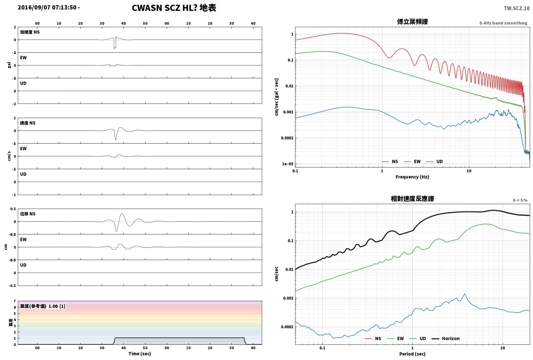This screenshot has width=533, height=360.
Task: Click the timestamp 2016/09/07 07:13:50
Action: click(47, 7)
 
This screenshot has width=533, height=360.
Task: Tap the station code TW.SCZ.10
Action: click(517, 8)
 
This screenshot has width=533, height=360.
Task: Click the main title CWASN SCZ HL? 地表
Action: click(174, 8)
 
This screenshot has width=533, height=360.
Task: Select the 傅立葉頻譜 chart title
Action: click(412, 22)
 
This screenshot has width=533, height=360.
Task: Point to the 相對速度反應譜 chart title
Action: click(412, 199)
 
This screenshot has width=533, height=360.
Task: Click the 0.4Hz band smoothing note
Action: click(503, 23)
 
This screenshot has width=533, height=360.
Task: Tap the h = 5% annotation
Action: click(520, 200)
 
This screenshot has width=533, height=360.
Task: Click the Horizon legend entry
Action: click(446, 338)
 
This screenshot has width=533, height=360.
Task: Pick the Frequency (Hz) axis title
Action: click(412, 177)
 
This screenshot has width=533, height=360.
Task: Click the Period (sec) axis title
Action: click(412, 354)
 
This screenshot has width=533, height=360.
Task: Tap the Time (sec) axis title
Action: click(140, 354)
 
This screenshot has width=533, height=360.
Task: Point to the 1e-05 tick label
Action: click(288, 164)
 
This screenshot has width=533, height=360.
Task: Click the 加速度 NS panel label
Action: click(30, 32)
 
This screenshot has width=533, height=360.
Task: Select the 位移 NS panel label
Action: click(27, 214)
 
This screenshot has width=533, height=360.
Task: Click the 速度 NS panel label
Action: click(27, 123)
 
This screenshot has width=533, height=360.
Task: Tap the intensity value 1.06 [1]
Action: click(57, 306)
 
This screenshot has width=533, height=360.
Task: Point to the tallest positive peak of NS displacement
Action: click(122, 214)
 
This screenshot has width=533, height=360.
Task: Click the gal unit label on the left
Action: click(9, 65)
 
